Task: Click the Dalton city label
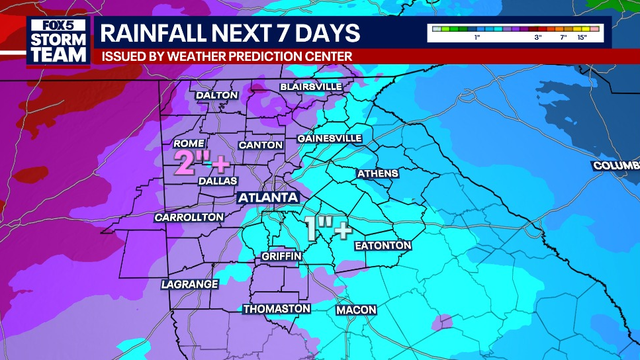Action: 217,95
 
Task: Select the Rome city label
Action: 189,142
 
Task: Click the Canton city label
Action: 259,145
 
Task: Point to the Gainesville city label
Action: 329,138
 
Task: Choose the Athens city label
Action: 377,174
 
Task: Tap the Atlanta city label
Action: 267,198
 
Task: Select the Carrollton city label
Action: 189,217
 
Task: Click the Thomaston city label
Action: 277,309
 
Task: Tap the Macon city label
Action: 355,311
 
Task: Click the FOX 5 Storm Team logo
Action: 43,41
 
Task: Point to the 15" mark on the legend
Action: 582,37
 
